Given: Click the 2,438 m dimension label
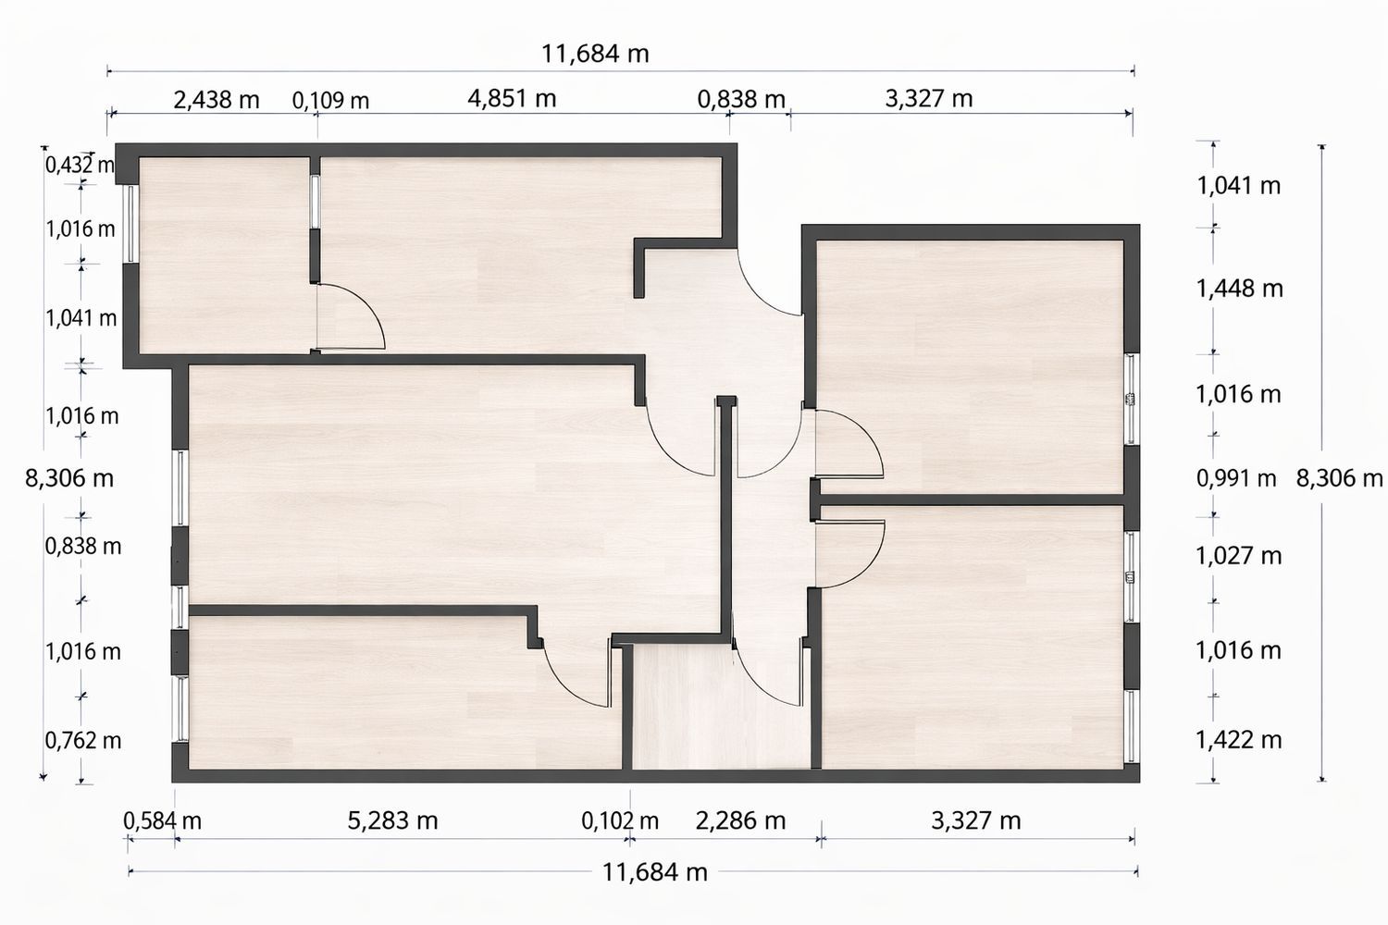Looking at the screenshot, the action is (216, 100).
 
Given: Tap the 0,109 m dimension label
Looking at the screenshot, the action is (330, 101).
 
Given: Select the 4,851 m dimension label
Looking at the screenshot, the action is (512, 98).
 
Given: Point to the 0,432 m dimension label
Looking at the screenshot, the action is (80, 165).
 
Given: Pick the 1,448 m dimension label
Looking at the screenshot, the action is (1239, 289).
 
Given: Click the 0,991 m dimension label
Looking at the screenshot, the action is (1236, 478).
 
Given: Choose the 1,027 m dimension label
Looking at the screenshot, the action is (1238, 556).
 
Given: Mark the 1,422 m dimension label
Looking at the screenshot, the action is (1238, 740).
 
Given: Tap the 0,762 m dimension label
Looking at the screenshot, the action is (83, 740).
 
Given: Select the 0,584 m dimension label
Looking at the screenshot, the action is (162, 820).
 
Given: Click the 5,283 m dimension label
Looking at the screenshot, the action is (392, 820).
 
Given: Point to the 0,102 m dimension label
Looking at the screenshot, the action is (620, 820).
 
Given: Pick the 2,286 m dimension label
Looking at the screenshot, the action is (740, 820).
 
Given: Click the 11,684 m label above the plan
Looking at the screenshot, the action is (596, 54).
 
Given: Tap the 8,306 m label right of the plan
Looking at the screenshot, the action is (1340, 478).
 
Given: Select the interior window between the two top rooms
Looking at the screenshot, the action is (316, 202).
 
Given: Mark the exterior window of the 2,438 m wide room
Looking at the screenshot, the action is (130, 224).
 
